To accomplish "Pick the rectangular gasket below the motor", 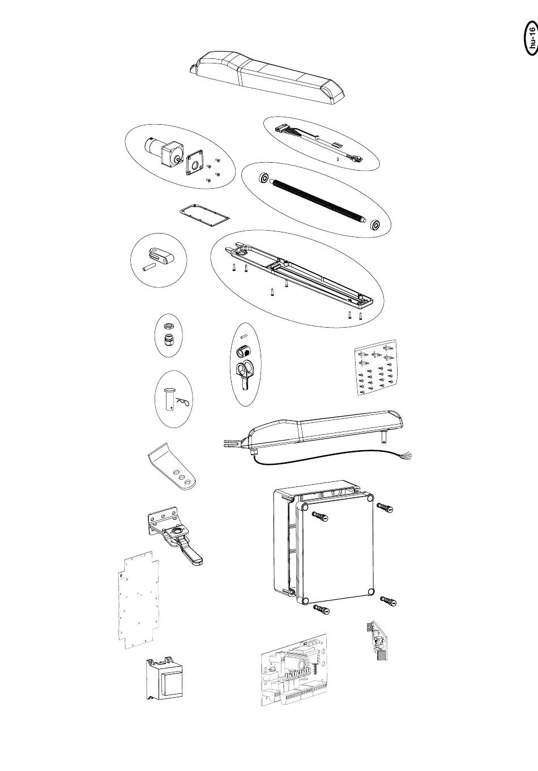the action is (204, 215).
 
